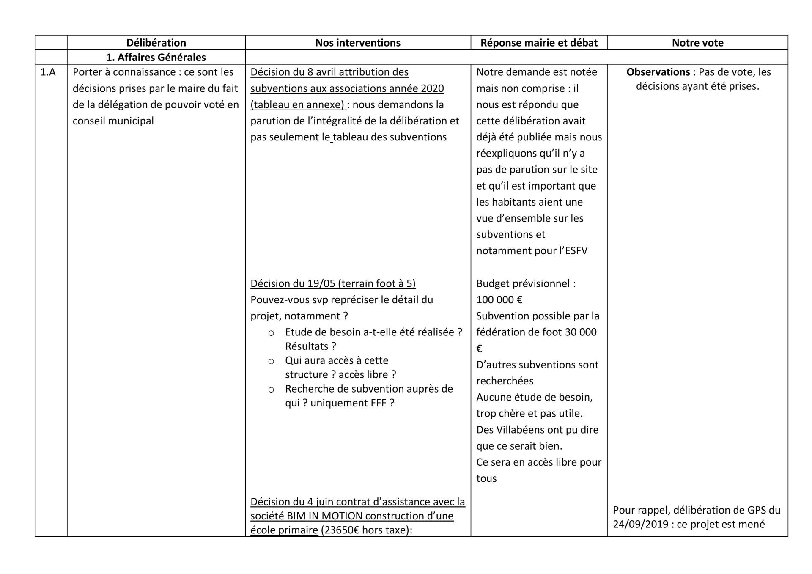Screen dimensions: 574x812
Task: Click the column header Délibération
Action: (156, 43)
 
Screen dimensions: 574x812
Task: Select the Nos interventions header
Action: (358, 43)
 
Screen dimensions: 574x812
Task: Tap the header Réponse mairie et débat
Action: (539, 43)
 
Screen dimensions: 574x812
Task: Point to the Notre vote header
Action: (697, 43)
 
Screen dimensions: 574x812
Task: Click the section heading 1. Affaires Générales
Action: (156, 57)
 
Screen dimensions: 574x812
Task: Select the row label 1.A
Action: (48, 72)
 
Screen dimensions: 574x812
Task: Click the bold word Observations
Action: (658, 72)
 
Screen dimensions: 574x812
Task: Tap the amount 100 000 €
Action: (499, 300)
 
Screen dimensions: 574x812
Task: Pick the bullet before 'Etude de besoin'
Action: (271, 333)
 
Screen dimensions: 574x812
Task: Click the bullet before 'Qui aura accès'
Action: (271, 361)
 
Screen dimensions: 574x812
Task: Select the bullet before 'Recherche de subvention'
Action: (271, 390)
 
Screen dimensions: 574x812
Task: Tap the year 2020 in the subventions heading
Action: (432, 88)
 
